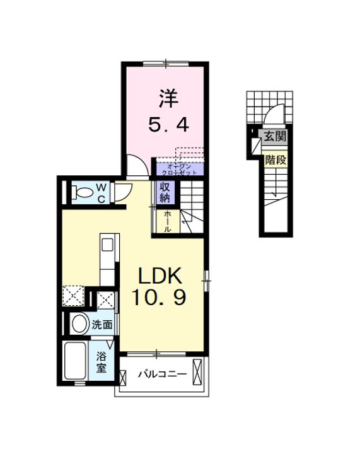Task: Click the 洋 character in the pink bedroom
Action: tap(167, 100)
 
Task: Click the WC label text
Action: tap(101, 192)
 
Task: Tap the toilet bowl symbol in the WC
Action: tap(80, 192)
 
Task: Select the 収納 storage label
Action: tap(164, 192)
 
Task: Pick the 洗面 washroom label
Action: tap(102, 325)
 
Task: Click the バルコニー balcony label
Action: tap(162, 375)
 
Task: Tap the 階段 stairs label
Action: tap(275, 160)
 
